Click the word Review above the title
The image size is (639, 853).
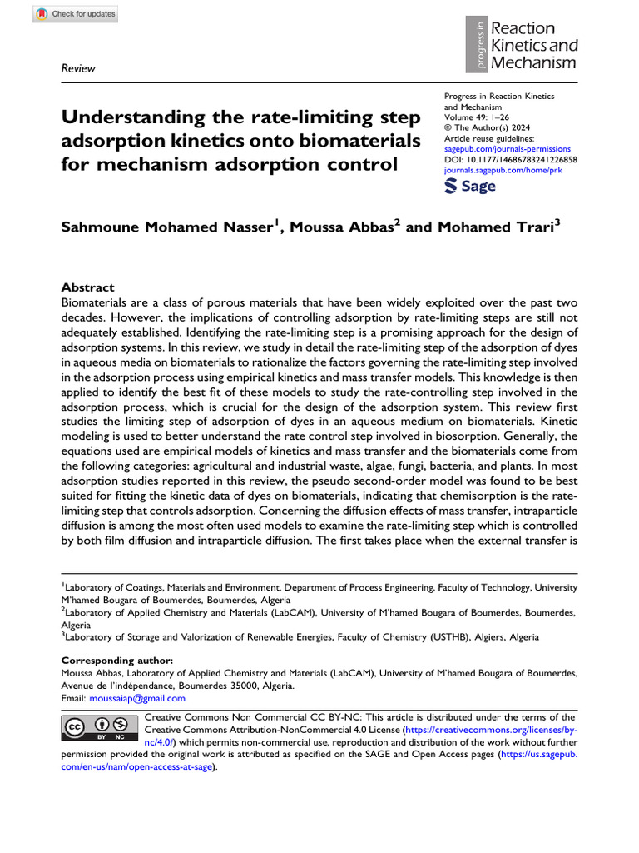[x=78, y=68]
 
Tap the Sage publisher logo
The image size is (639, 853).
[x=470, y=186]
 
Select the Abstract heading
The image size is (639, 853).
[x=88, y=287]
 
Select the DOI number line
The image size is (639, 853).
[x=512, y=158]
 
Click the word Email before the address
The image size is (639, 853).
[x=74, y=698]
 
